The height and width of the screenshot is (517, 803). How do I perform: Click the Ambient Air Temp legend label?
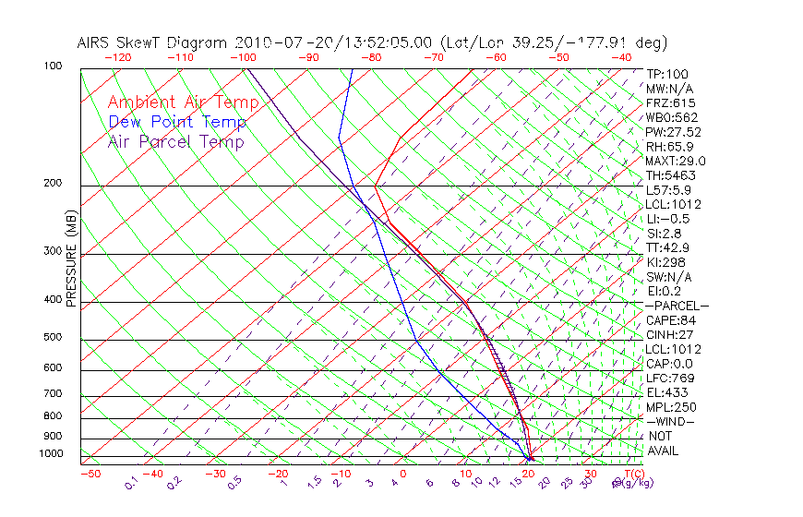183,102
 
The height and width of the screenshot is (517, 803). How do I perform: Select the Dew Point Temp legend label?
177,122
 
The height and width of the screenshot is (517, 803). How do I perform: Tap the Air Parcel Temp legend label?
175,141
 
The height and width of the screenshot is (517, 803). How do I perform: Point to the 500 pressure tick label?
54,338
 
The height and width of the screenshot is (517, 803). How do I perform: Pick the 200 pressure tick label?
54,183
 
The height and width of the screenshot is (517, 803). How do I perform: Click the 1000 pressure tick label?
52,454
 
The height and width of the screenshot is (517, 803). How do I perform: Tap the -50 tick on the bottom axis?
90,474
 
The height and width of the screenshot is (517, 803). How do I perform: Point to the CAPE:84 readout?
671,319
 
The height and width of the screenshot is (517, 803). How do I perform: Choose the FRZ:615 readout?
670,102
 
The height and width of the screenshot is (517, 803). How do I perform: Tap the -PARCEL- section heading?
677,306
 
